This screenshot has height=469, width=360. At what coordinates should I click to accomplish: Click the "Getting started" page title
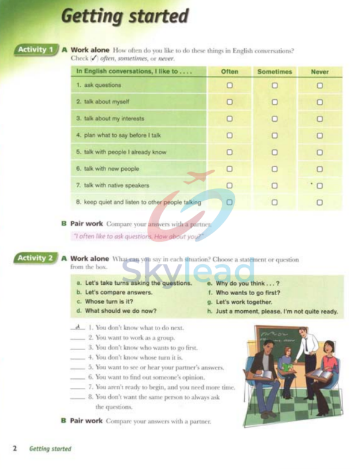(124, 16)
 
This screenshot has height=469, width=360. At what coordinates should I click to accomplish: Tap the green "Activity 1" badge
(36, 49)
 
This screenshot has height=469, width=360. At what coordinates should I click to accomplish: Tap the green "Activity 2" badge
(36, 258)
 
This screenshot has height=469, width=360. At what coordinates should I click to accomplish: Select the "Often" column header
(230, 72)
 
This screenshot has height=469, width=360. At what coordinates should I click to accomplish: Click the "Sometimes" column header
(274, 72)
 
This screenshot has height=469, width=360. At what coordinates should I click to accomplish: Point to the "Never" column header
(320, 72)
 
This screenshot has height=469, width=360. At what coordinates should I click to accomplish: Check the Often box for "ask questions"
(230, 86)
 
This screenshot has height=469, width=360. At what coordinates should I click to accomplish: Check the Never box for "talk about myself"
(320, 102)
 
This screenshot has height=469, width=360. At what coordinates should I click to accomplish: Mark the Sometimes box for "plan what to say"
(274, 136)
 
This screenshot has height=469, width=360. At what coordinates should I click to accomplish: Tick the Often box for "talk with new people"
(230, 169)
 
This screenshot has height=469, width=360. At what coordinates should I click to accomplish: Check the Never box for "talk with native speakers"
(320, 186)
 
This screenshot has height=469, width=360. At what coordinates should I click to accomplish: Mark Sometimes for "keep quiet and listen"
(274, 203)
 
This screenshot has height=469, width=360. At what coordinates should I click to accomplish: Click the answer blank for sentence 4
(77, 358)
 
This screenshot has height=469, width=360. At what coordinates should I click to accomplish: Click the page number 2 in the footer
(14, 449)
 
